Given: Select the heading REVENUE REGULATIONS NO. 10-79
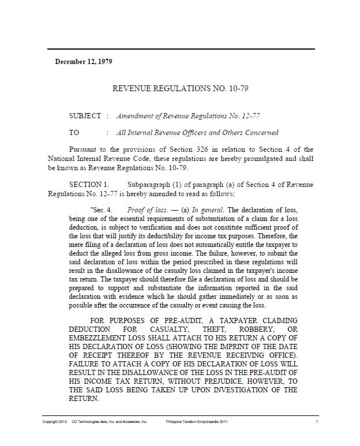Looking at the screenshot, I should [x=180, y=89].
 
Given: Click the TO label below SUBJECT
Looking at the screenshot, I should [x=74, y=132].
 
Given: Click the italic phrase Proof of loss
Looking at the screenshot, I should [x=144, y=209].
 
